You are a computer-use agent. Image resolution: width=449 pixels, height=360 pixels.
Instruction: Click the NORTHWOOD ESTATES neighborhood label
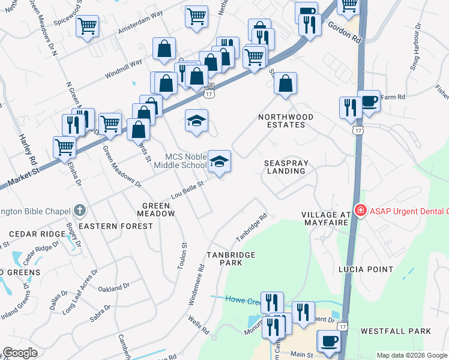[282, 121]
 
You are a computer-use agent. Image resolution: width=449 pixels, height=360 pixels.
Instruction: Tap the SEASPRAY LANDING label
[285, 167]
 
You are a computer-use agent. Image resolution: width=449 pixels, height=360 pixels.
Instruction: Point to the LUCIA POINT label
[365, 269]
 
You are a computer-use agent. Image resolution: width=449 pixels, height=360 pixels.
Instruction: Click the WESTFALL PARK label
[396, 331]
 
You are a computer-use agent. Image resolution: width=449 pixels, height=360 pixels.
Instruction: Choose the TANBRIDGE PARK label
[231, 259]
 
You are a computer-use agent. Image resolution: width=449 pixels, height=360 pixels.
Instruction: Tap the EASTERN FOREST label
[116, 226]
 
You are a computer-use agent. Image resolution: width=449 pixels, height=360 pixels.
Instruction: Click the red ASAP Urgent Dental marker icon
[360, 211]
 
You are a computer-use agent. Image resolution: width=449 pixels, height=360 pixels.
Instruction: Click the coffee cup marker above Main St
[328, 341]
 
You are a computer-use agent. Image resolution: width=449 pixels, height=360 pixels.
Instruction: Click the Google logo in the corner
[20, 353]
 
